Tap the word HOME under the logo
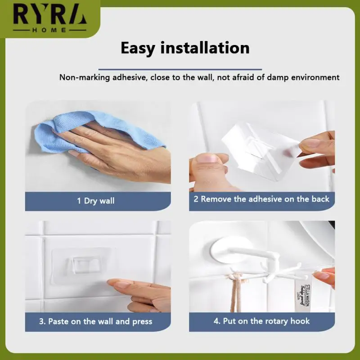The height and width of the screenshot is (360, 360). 50,30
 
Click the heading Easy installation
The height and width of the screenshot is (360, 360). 184,47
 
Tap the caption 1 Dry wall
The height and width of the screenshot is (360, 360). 95,201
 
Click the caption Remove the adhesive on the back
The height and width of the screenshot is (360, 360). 261,199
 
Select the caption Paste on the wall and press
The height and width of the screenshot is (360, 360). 95,321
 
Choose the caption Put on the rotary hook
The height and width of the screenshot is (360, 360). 261,321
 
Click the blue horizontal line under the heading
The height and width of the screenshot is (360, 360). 184,63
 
